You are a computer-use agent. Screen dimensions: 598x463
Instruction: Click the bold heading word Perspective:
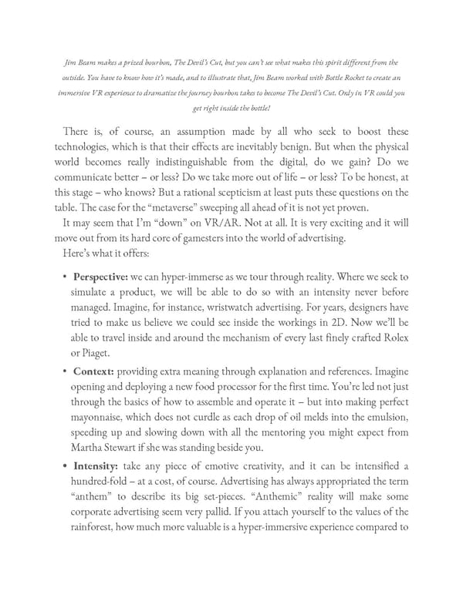pyautogui.click(x=100, y=276)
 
